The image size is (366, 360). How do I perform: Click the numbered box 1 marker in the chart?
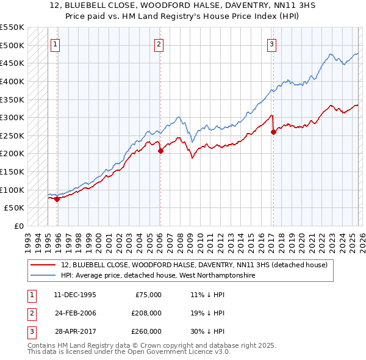[x=55, y=43]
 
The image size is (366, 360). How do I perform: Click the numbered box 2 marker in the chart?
[x=159, y=43]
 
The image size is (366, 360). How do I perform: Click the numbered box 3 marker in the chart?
[x=271, y=43]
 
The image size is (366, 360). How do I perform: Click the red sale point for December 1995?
[x=57, y=198]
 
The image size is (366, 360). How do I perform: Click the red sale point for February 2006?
[x=160, y=151]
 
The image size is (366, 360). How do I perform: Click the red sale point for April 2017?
[x=273, y=132]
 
